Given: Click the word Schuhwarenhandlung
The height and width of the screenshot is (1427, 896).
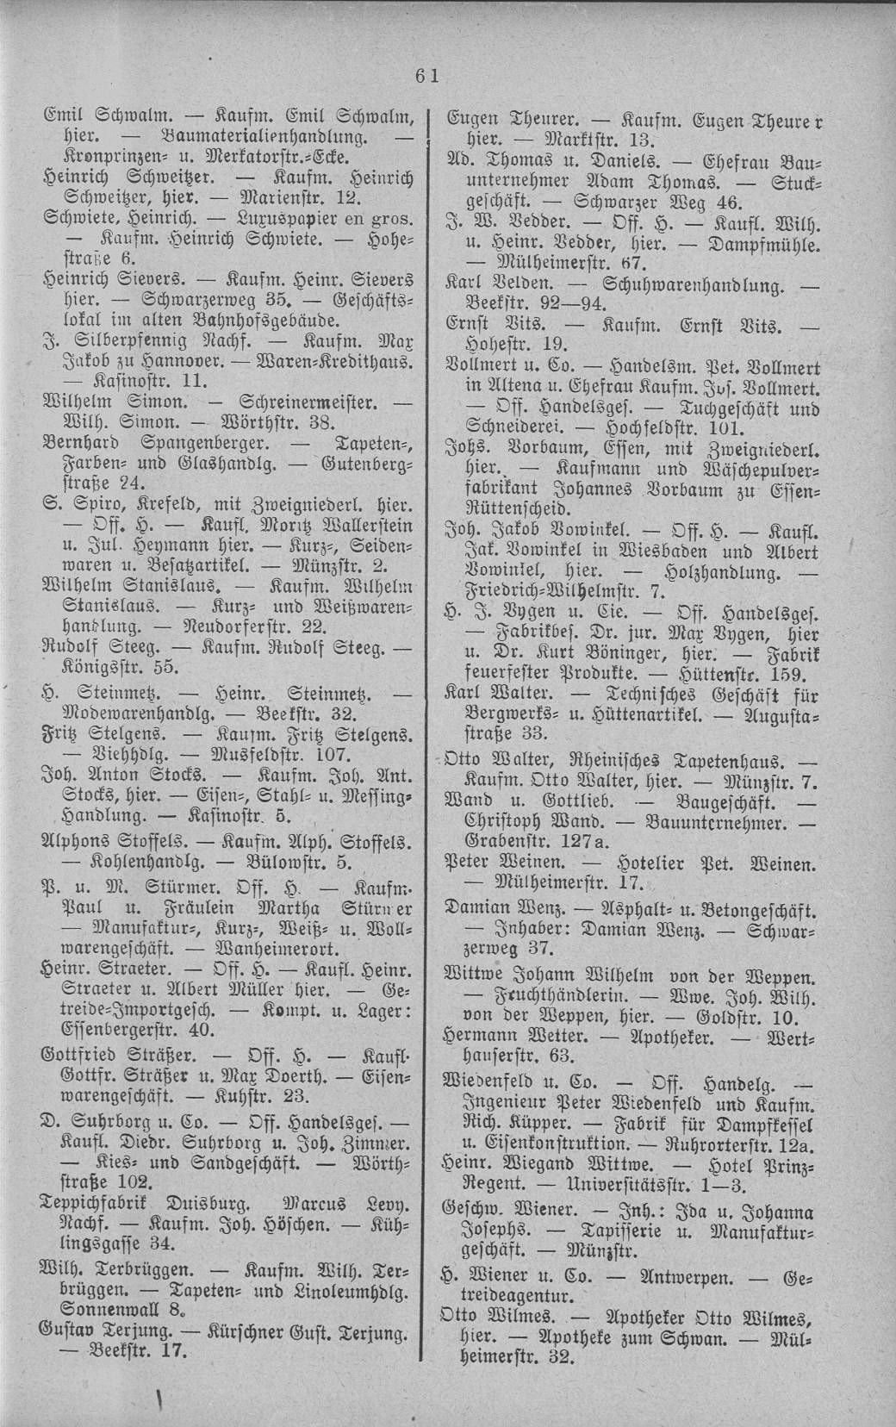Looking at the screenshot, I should (700, 283).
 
